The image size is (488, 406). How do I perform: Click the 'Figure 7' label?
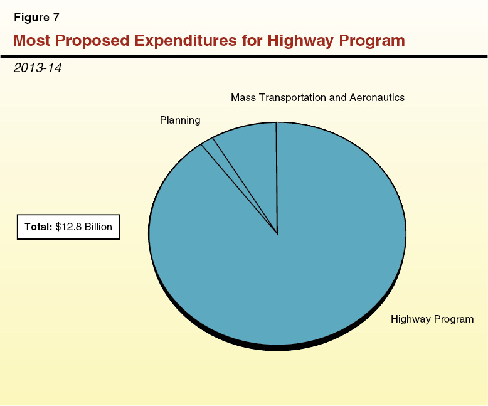36,18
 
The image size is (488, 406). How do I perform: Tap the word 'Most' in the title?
32,41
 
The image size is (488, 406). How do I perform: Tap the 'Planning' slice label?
180,120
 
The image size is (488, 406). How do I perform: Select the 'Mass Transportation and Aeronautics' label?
317,98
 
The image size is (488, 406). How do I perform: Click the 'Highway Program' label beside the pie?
432,319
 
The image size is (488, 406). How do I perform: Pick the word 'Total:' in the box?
38,227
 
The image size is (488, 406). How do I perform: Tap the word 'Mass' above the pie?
243,98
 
